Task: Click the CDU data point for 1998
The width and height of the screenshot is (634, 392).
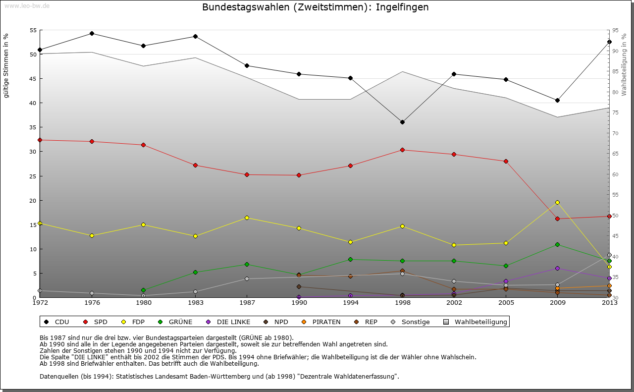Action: click(x=402, y=122)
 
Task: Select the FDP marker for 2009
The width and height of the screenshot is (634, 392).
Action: click(x=558, y=202)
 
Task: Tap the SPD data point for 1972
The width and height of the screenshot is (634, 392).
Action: click(x=40, y=140)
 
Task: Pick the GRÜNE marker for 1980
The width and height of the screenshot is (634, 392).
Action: click(x=143, y=290)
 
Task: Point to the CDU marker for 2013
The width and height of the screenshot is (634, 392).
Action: click(x=609, y=42)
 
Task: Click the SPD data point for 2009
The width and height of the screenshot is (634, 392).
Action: click(x=558, y=219)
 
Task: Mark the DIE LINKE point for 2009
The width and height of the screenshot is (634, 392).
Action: click(x=558, y=268)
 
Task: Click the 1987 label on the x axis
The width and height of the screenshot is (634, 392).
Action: click(x=247, y=302)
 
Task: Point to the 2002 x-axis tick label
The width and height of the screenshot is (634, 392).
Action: click(x=454, y=302)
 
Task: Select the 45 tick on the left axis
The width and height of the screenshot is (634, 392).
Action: click(x=33, y=79)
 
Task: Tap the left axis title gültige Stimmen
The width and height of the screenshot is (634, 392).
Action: click(x=6, y=66)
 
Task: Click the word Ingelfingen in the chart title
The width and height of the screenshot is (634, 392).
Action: click(x=402, y=7)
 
